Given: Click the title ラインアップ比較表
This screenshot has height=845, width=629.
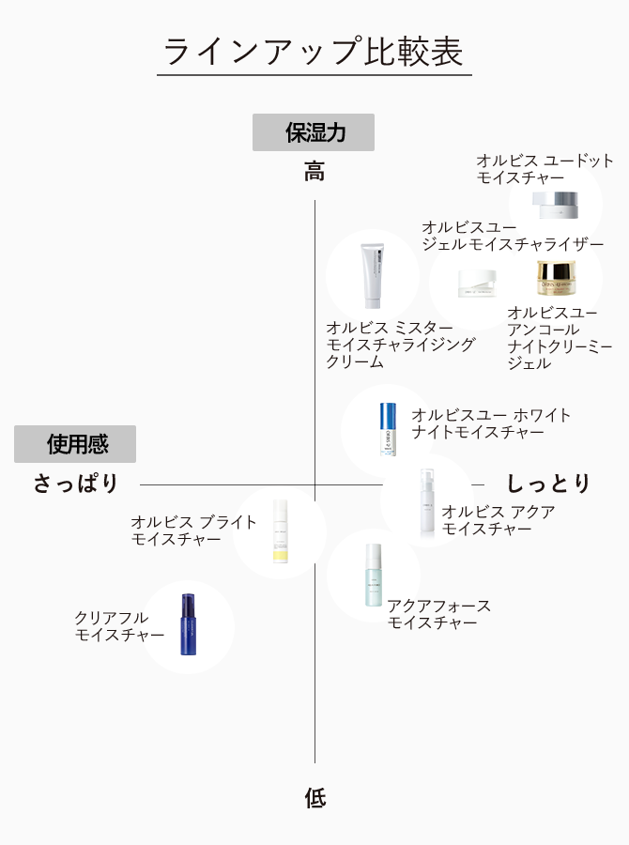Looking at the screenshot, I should point(314,52).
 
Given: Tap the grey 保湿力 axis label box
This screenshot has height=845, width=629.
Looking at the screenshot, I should point(314,132).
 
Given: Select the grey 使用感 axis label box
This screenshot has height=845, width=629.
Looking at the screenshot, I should point(75,444).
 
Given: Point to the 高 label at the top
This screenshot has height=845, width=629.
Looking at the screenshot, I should point(314,172).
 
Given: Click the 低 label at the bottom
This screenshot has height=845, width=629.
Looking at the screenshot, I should point(314,799).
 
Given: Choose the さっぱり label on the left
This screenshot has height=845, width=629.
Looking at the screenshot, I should point(76,484).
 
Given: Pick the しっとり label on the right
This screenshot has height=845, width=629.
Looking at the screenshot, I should point(549,484).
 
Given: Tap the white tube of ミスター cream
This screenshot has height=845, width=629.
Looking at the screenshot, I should point(373,276).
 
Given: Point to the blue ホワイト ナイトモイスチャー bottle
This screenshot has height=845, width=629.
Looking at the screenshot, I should point(389,430).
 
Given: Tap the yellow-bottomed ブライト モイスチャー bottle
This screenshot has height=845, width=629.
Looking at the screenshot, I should point(279,531).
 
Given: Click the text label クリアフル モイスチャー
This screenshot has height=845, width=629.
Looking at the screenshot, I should point(119,626).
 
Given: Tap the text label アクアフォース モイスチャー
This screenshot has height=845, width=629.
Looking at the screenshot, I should point(438,614).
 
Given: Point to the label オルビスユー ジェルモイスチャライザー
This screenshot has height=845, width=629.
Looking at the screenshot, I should point(512,236).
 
